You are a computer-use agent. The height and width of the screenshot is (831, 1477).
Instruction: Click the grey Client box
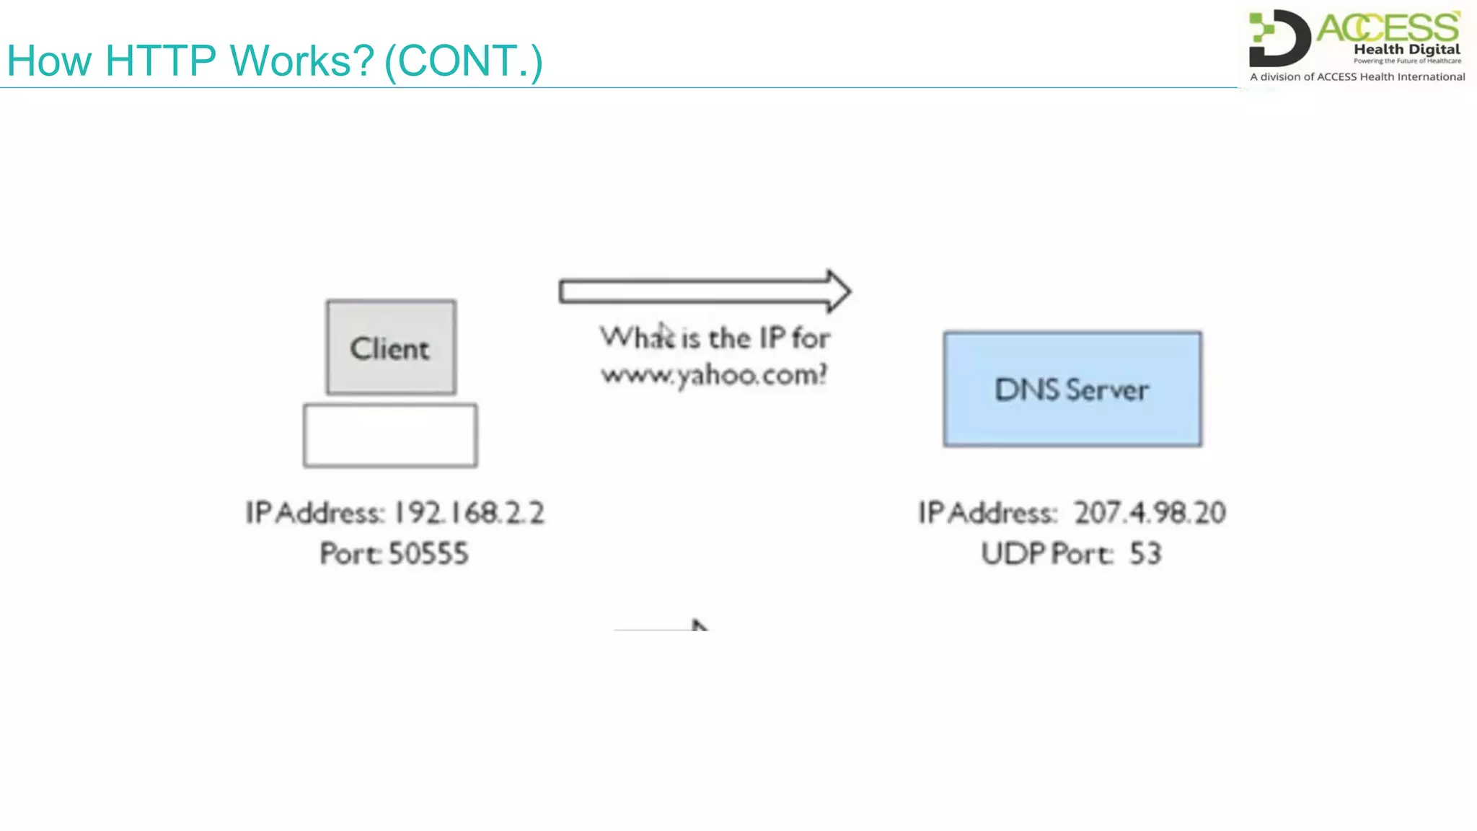coord(391,347)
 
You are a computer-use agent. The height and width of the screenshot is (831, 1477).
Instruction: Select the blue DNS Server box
coord(1072,389)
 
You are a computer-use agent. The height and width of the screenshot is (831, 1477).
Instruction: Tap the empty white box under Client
coord(390,435)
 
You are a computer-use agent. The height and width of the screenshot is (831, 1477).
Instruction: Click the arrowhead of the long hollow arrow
coord(838,291)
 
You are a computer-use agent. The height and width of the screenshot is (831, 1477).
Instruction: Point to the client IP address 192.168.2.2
coord(469,513)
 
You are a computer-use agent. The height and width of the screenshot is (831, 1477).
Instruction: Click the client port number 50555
coord(428,554)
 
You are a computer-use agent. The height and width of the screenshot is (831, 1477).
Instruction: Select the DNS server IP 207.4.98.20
coord(1150,513)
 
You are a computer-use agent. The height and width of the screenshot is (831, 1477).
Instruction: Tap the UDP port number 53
coord(1145,554)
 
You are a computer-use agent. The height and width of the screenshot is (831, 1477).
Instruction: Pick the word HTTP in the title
coord(160,61)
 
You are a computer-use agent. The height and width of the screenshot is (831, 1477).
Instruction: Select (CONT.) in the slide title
coord(464,61)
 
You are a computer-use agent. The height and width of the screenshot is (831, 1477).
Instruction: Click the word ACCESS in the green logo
coord(1388,28)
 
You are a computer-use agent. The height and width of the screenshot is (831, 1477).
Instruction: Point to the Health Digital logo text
coord(1406,49)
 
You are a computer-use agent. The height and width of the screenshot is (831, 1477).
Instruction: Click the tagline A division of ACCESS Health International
coord(1357,76)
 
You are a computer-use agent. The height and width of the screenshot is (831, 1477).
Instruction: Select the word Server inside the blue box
coord(1107,390)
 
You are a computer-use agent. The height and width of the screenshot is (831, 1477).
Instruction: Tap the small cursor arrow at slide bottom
coord(698,625)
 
